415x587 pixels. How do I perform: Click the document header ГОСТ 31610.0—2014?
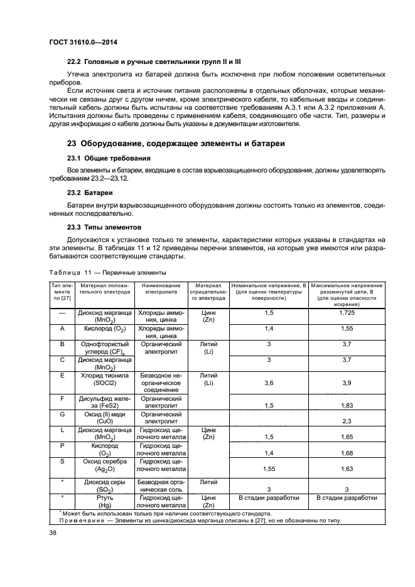coord(82,41)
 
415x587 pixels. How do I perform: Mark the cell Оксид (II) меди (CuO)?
coord(104,418)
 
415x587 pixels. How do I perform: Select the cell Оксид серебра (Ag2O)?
coord(104,465)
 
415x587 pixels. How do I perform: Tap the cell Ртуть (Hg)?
coord(104,501)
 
